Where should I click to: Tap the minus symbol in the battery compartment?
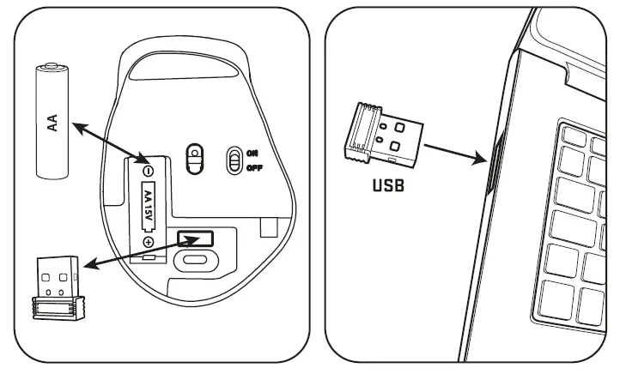[x=148, y=171]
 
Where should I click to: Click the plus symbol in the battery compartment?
[x=148, y=242]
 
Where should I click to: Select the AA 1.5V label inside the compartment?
[x=148, y=206]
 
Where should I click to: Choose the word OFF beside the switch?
[x=254, y=166]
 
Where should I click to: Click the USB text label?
[x=387, y=184]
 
